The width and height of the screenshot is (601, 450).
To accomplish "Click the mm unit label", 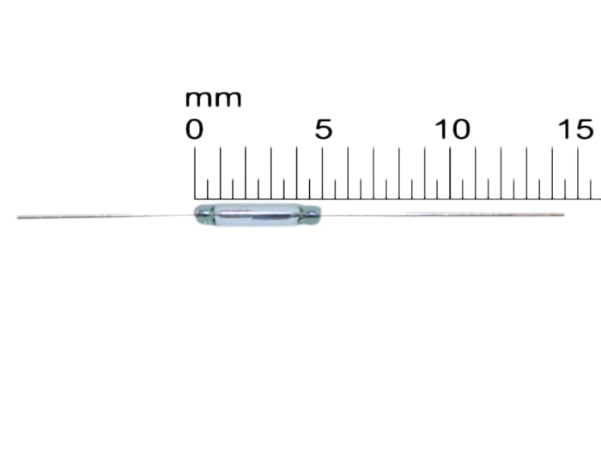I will click(x=213, y=99).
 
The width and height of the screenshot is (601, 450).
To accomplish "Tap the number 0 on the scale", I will click(x=195, y=130).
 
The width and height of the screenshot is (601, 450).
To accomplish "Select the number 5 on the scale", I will click(x=323, y=130).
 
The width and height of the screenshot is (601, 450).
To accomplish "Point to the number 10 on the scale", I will click(x=452, y=130).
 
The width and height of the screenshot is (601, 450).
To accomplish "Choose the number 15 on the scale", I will click(x=578, y=130).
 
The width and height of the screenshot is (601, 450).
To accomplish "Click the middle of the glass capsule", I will click(x=257, y=214).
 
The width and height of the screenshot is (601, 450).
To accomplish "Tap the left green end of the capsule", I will click(x=202, y=213).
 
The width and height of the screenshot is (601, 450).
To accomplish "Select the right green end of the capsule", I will click(x=312, y=213).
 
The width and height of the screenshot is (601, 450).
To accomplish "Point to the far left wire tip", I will click(x=19, y=217).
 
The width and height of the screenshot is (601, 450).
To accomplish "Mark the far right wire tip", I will click(x=562, y=214).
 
